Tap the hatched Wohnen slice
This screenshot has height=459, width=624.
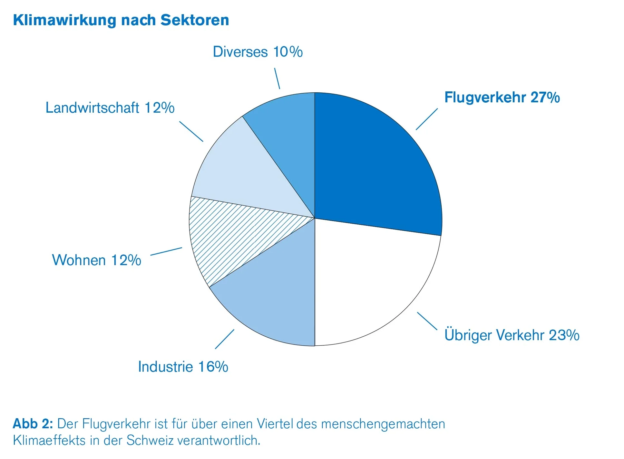click(x=232, y=239)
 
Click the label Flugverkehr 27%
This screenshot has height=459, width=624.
click(x=502, y=97)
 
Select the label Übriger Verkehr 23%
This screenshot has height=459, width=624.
click(x=512, y=335)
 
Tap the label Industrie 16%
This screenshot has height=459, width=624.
click(x=183, y=367)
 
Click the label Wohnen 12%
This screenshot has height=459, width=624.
click(x=96, y=260)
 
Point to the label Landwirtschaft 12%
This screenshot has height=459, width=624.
click(x=110, y=108)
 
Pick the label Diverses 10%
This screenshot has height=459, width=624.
click(x=258, y=52)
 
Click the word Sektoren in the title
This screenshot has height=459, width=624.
click(x=194, y=20)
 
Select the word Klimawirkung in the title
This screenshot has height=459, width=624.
click(x=64, y=20)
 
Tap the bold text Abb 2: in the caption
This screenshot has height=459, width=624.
click(x=33, y=424)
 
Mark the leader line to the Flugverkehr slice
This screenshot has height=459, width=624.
click(x=426, y=119)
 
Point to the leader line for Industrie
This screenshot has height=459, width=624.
click(x=224, y=339)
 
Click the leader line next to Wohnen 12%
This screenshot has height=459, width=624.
click(x=166, y=251)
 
